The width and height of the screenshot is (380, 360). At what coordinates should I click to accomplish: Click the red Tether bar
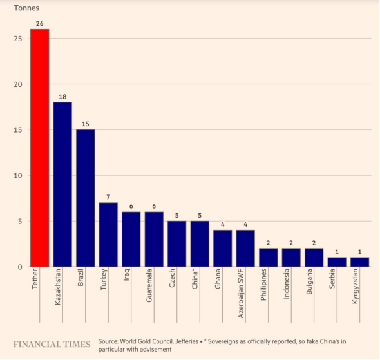[x=39, y=148]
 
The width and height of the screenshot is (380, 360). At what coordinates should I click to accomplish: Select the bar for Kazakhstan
[x=62, y=184]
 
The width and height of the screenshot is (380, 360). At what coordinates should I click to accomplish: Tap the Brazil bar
[x=85, y=198]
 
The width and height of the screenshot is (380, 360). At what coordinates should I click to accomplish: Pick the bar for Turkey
[x=108, y=234]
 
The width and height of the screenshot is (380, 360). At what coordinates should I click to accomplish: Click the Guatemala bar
[x=154, y=239]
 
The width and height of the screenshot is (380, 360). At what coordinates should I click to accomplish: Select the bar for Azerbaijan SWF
[x=245, y=248]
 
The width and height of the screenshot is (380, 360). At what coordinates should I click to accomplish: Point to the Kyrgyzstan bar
[x=359, y=262]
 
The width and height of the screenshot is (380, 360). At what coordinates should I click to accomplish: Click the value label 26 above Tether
[x=39, y=23]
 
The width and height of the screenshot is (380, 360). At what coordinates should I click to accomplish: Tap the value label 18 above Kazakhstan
[x=62, y=96]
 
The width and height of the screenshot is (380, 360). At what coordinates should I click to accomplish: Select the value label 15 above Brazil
[x=85, y=124]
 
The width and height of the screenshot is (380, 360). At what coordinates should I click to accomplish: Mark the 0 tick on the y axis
[x=20, y=267]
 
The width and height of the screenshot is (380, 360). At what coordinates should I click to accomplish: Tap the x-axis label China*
[x=195, y=281]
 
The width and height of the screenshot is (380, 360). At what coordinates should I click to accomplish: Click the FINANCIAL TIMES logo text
[x=52, y=345]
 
